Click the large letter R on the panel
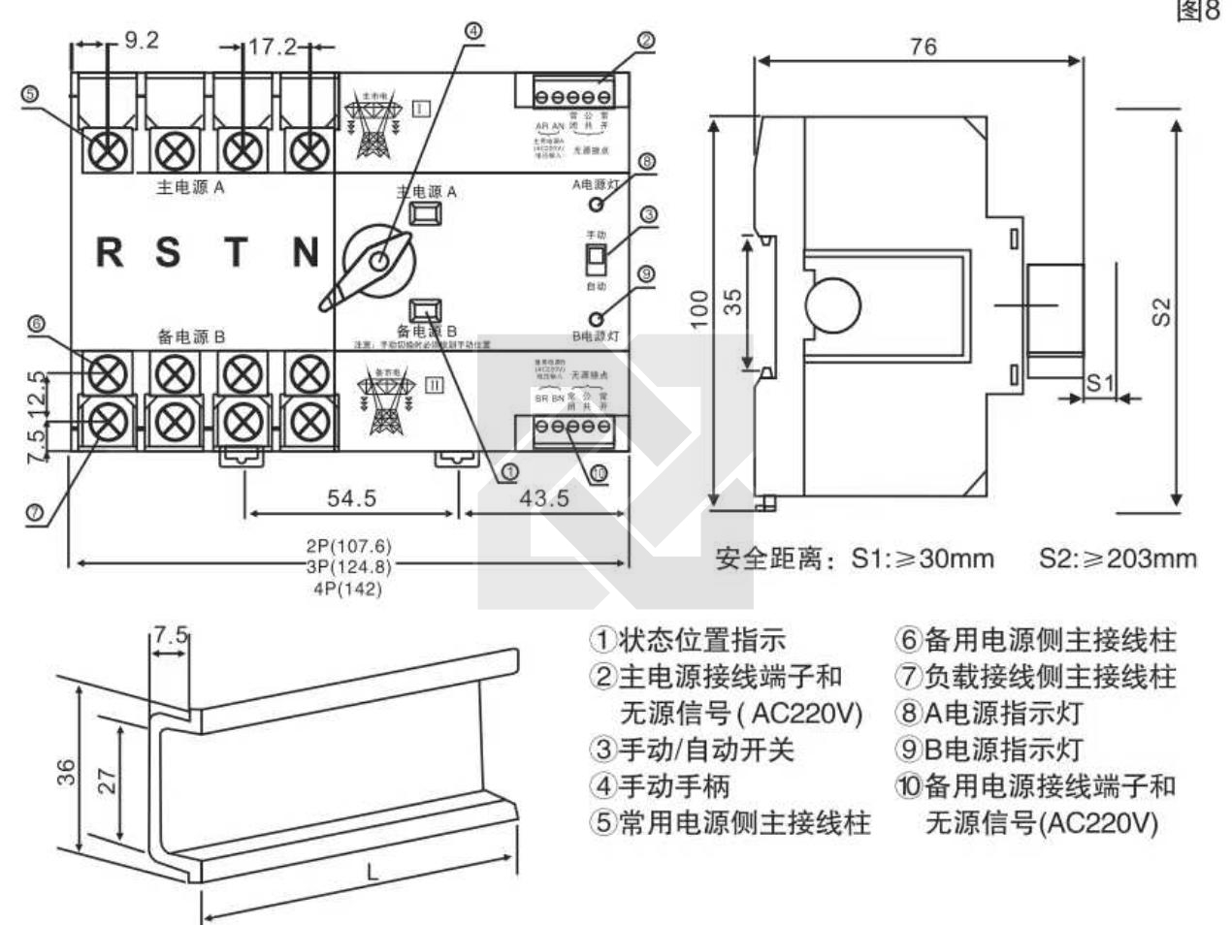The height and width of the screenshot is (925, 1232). [x=109, y=252]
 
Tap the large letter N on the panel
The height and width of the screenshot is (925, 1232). [x=306, y=252]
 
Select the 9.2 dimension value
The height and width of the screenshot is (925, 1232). [x=142, y=41]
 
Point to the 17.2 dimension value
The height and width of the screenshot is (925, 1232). [x=273, y=47]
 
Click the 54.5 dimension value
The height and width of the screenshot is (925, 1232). [x=351, y=498]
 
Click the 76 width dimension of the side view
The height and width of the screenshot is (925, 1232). [x=923, y=46]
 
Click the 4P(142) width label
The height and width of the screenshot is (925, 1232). [x=348, y=589]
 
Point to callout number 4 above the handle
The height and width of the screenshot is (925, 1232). [x=471, y=30]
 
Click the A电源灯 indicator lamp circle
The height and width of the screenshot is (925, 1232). [x=598, y=204]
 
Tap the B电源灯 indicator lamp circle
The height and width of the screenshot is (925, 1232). [x=598, y=318]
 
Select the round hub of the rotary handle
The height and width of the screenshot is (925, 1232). [x=380, y=260]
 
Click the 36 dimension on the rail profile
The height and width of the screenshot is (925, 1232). [x=65, y=772]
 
